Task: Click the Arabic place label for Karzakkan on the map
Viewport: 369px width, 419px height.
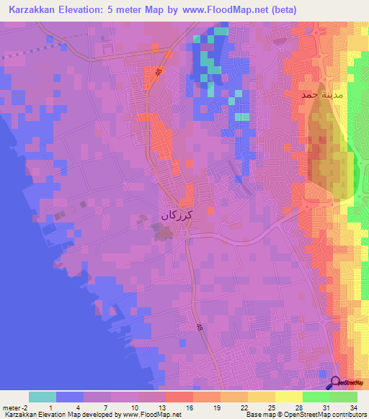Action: pyautogui.click(x=177, y=214)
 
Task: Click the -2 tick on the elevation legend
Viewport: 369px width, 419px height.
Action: pyautogui.click(x=24, y=407)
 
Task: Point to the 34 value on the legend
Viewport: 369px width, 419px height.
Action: pyautogui.click(x=352, y=407)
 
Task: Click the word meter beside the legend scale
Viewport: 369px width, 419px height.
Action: pyautogui.click(x=10, y=407)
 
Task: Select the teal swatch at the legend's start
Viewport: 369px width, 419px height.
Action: pyautogui.click(x=43, y=397)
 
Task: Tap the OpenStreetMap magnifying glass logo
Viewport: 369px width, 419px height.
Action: pyautogui.click(x=336, y=383)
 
